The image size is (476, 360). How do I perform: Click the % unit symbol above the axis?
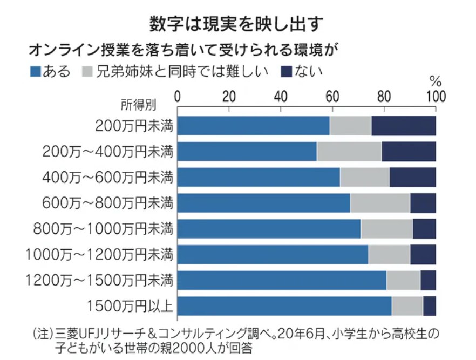(x=435, y=82)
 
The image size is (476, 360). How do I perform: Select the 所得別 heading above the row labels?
(x=136, y=104)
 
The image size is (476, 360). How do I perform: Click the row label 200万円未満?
(x=134, y=126)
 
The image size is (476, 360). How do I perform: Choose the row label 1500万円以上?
(x=130, y=306)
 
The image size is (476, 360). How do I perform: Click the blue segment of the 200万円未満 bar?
(x=254, y=126)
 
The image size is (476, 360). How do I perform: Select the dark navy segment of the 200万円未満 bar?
(x=403, y=126)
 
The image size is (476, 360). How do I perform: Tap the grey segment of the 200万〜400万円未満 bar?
(x=349, y=152)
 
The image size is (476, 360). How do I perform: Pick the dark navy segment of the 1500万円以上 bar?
(x=429, y=306)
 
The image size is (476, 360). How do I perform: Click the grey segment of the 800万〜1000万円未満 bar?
(x=386, y=229)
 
